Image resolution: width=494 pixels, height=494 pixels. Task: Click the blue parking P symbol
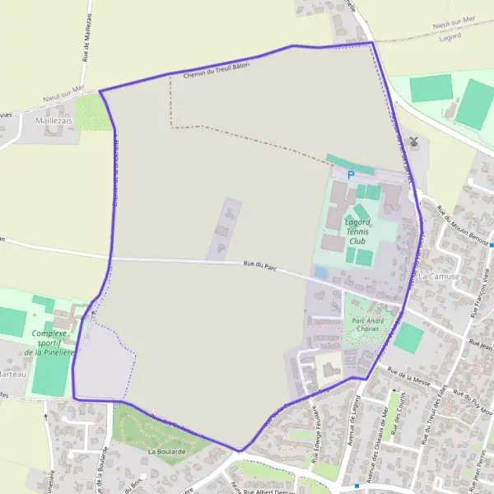(x=351, y=175)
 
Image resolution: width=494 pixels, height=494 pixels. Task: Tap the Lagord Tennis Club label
(x=357, y=232)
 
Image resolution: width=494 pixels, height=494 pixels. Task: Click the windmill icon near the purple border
(x=414, y=141)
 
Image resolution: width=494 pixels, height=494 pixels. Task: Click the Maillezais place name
(x=54, y=120)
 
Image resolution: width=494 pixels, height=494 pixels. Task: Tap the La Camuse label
(x=438, y=277)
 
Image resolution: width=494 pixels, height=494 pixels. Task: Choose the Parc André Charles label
(x=366, y=324)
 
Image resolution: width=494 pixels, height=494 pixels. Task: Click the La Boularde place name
(x=166, y=452)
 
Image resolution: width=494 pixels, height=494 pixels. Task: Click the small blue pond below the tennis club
(x=320, y=272)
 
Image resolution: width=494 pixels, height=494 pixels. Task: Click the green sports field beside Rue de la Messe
(x=408, y=338)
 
